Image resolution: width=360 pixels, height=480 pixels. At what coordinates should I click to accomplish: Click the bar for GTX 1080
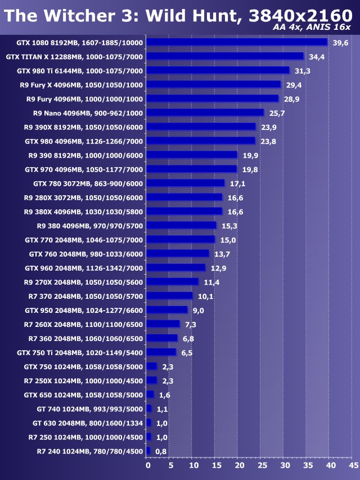237,42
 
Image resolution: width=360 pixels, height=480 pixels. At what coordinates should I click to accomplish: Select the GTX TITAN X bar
225,56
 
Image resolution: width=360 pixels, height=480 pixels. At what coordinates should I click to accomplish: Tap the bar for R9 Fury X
214,84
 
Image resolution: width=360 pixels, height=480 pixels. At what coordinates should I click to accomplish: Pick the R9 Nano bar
205,113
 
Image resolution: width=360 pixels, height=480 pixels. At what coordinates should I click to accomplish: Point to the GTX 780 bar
186,183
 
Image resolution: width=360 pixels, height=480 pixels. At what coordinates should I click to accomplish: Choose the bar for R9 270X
173,281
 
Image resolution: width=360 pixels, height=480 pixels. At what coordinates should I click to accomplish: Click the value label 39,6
341,43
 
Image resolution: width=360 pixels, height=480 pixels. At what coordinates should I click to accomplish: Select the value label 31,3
303,71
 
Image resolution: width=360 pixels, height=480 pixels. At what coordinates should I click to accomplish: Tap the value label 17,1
237,183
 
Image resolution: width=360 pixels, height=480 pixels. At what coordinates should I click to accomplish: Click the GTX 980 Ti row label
80,71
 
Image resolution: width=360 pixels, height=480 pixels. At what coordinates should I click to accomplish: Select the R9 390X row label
83,127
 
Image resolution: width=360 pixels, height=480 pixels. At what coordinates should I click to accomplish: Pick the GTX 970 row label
84,169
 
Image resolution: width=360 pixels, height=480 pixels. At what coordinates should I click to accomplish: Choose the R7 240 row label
90,451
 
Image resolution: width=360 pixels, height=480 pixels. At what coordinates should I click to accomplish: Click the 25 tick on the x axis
262,465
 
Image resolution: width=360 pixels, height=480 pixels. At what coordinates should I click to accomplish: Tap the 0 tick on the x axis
148,465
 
